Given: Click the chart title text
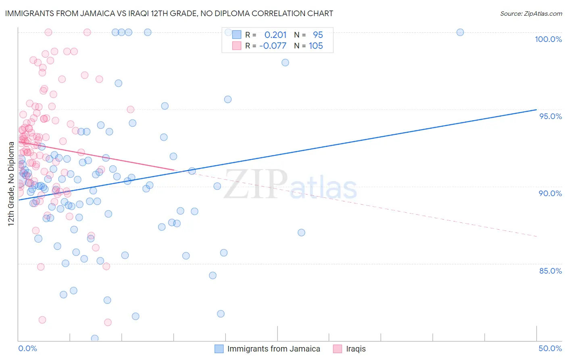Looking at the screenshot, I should pos(169,13).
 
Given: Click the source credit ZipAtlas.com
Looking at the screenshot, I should pos(531,14).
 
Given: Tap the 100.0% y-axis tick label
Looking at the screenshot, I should pos(548,39).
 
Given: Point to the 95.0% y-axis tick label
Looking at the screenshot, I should pos(550,116).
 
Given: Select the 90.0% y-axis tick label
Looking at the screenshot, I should pos(550,193).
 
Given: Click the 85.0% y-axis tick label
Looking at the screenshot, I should pos(550,271).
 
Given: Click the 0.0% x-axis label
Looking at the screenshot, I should pos(27,348).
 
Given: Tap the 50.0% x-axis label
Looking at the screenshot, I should pos(550,348).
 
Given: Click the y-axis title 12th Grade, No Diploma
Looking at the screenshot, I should pos(11,184).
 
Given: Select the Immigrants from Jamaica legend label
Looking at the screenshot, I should pos(273,349).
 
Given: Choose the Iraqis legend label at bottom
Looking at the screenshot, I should pos(356,349).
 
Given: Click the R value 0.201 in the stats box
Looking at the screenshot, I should pos(275,35).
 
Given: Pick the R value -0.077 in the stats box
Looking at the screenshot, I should pos(273,46).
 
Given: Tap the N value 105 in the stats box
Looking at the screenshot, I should pos(316,46).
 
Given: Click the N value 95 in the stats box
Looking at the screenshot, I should pos(318,35).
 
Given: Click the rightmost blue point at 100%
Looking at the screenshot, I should pos(460,32).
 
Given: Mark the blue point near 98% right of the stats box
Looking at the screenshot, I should pos(285,63).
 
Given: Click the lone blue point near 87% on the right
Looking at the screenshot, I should pos(301,232).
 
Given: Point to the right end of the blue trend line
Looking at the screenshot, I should pos(536,109).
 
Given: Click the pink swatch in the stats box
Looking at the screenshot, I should pos(236,46).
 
